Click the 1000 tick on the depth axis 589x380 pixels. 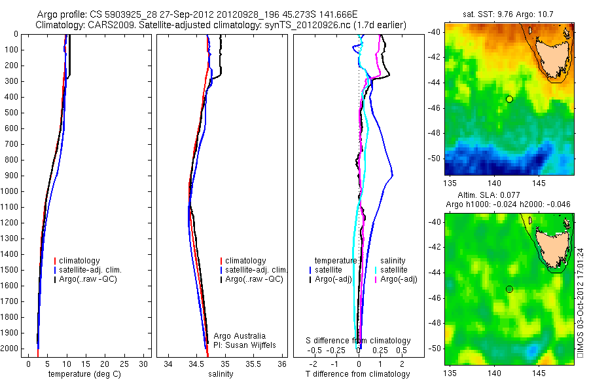(x=11, y=191)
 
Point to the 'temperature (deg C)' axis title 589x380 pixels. (x=84, y=374)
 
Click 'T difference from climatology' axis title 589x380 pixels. (x=358, y=374)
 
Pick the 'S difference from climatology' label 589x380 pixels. (x=359, y=341)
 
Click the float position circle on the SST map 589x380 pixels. (x=509, y=99)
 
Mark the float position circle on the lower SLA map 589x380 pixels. (x=509, y=289)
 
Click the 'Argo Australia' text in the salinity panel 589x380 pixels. (x=232, y=335)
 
